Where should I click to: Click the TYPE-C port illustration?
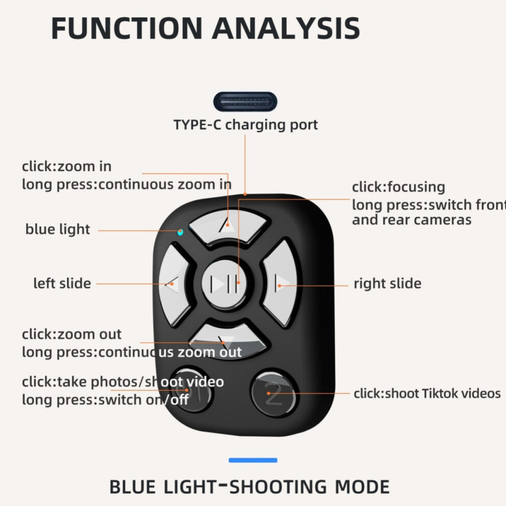pos(245,102)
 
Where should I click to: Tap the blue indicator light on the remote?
pos(180,232)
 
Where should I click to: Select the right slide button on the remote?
pos(280,284)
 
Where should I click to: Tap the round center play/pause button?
pos(224,284)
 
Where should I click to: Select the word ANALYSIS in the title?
pos(286,29)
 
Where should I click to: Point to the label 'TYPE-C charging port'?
pos(245,125)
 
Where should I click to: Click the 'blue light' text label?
pos(58,229)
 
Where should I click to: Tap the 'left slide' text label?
pos(62,283)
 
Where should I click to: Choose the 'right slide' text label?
pos(387,283)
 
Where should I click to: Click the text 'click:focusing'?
pos(399,187)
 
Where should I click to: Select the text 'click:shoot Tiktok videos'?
pos(427,394)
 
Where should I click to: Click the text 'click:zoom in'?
pos(67,167)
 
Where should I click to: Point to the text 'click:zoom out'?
pos(72,334)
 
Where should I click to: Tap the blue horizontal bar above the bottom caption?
pos(253,460)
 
